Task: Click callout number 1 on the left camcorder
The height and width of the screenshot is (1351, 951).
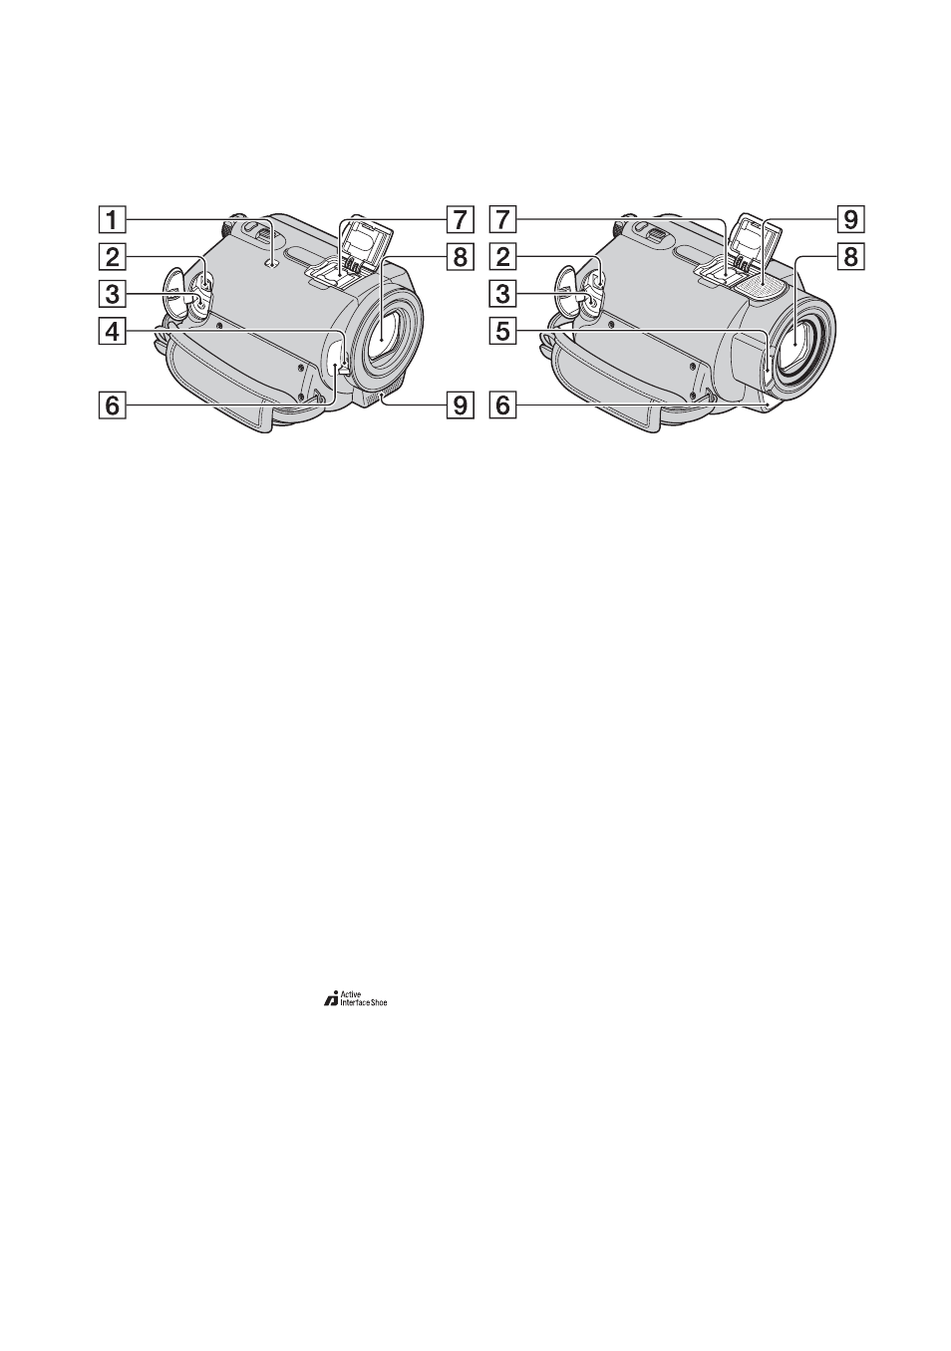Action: tap(113, 220)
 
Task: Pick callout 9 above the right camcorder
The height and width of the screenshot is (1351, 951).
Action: tap(849, 220)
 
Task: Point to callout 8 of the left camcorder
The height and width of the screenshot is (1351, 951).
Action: tap(460, 257)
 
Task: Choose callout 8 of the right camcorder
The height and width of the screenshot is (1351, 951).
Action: tap(849, 257)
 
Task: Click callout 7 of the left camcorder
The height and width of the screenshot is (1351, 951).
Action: tap(460, 220)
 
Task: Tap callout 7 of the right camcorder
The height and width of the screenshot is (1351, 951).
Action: tap(502, 220)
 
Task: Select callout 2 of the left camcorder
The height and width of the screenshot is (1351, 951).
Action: tap(113, 257)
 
